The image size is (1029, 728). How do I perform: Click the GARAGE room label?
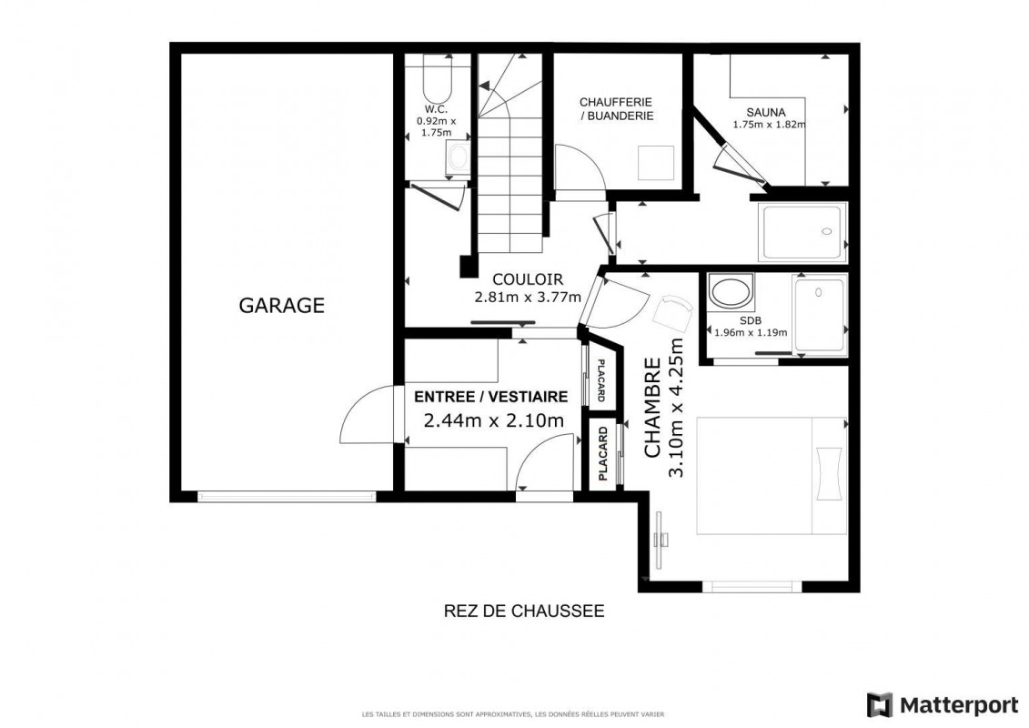281,305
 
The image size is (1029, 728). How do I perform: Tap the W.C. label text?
436,109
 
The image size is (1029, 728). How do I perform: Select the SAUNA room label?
766,112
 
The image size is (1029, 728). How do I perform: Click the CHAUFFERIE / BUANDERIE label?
616,109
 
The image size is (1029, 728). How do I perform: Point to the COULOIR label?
528,279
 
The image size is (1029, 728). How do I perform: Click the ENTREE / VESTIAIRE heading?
491,397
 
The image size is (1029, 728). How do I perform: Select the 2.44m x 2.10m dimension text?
494,420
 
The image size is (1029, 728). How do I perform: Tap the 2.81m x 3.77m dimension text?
528,298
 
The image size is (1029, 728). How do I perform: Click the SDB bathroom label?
750,321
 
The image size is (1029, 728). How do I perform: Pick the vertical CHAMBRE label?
651,408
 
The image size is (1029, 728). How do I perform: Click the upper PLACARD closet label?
600,380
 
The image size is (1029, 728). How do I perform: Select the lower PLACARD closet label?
603,453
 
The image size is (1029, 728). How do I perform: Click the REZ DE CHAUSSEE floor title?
524,612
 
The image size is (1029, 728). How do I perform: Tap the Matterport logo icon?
880,705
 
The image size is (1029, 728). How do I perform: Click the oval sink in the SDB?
731,293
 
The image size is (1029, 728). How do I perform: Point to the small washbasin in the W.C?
458,157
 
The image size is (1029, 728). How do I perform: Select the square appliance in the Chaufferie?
656,162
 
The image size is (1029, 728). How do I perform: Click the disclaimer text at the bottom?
513,714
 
